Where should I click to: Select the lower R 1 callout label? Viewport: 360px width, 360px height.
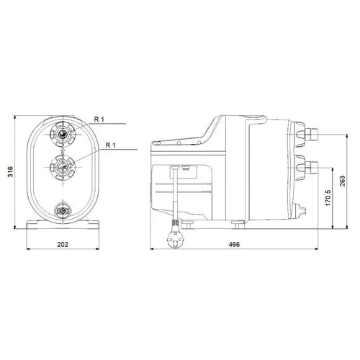(110, 145)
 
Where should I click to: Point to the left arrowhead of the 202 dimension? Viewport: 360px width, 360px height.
(29, 251)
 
